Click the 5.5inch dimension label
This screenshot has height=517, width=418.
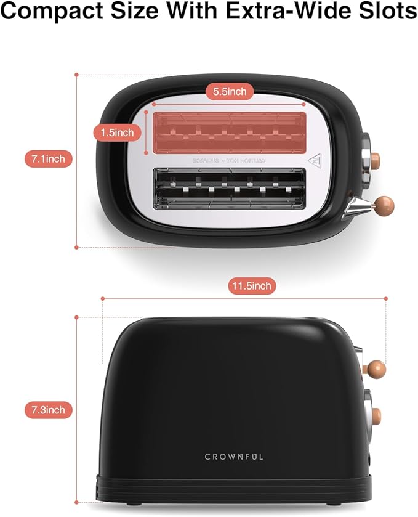coord(230,92)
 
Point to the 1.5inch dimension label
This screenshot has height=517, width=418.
coord(117,132)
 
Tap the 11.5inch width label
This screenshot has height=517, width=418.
coord(251,286)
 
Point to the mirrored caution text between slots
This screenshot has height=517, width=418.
coord(228,160)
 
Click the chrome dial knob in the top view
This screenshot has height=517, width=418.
coord(368,160)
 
